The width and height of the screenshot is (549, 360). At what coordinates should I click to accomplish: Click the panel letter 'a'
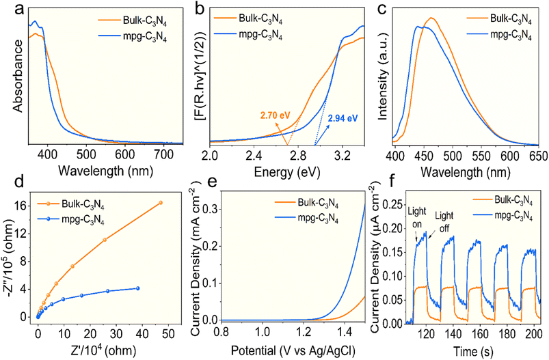(20, 10)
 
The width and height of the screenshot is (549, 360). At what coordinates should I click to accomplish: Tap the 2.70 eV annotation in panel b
(276, 115)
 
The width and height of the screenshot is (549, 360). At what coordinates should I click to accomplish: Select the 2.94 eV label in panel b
(343, 118)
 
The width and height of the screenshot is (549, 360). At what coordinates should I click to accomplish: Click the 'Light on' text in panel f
(417, 217)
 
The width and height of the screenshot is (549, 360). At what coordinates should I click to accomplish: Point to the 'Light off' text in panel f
(444, 222)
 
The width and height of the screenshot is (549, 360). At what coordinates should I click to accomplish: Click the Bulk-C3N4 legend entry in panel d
(70, 204)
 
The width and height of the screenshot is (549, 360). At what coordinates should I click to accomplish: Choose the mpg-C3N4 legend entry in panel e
(307, 219)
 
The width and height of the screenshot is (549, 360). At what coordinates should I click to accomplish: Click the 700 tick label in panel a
(163, 154)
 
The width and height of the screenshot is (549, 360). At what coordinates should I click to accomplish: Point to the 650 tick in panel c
(539, 156)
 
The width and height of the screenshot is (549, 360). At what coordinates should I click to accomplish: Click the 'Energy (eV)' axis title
(286, 172)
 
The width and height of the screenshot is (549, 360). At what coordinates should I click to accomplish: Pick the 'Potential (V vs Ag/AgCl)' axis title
(293, 350)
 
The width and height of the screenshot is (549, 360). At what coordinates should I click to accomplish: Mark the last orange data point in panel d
(161, 203)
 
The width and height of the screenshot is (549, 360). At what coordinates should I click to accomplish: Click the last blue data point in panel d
(137, 288)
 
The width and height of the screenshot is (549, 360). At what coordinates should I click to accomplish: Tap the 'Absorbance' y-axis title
(18, 76)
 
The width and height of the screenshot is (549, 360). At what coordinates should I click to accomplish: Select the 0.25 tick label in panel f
(392, 204)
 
